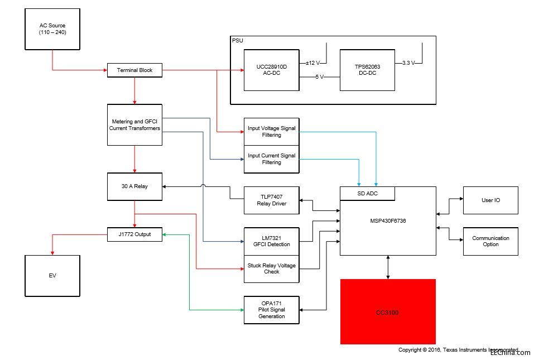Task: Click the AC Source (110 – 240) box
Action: pyautogui.click(x=52, y=28)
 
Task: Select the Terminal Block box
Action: pyautogui.click(x=134, y=70)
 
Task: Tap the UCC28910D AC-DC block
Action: pyautogui.click(x=271, y=70)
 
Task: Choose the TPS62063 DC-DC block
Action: pyautogui.click(x=367, y=70)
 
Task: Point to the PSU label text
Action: pyautogui.click(x=237, y=40)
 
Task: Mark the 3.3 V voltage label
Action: pyautogui.click(x=408, y=63)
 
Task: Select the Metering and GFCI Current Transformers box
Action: pyautogui.click(x=134, y=124)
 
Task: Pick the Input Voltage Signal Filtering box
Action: pyautogui.click(x=271, y=132)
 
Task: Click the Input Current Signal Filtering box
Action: pyautogui.click(x=271, y=159)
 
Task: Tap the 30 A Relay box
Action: pyautogui.click(x=134, y=186)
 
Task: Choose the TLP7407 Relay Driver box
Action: pyautogui.click(x=271, y=200)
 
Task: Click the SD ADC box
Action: pyautogui.click(x=368, y=193)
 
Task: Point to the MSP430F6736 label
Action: pyautogui.click(x=388, y=220)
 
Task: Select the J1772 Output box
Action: pyautogui.click(x=134, y=234)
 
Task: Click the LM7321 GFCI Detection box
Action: pyautogui.click(x=271, y=241)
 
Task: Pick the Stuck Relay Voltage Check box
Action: pyautogui.click(x=271, y=268)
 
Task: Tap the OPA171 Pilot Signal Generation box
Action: pyautogui.click(x=271, y=310)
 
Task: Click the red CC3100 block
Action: pyautogui.click(x=388, y=311)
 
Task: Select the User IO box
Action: pyautogui.click(x=490, y=200)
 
